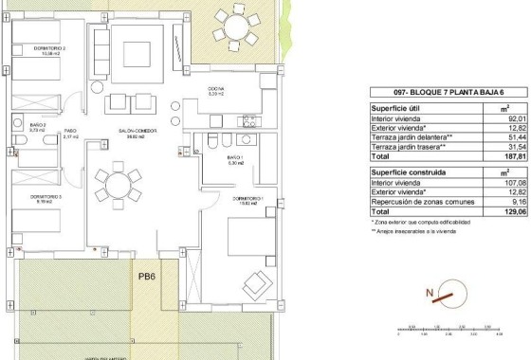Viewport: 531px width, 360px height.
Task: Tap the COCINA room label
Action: point(215,90)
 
